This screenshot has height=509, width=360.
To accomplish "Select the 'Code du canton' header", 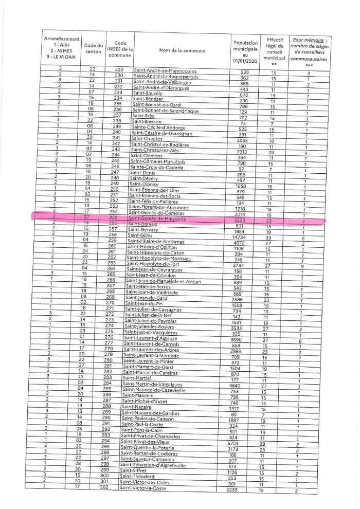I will click(93, 50).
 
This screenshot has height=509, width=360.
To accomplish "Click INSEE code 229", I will click(119, 69).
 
